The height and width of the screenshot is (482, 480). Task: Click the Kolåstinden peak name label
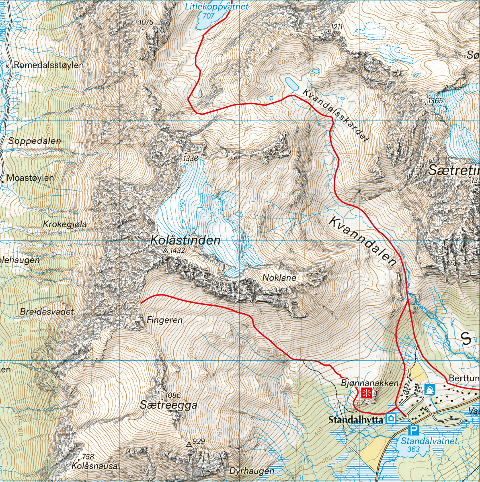pos(185,241)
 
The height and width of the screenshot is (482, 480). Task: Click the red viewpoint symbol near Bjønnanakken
pos(366,393)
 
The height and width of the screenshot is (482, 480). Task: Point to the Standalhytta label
pos(356,420)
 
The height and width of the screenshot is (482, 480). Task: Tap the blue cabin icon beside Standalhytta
pos(391,419)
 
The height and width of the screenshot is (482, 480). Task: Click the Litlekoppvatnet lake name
pos(217,6)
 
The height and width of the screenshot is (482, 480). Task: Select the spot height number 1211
pos(337,27)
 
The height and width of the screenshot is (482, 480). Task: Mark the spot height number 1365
pos(435,101)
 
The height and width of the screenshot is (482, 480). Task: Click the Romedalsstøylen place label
pos(49,65)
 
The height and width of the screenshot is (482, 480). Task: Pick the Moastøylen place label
pos(31,178)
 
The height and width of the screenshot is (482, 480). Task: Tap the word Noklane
pos(279,278)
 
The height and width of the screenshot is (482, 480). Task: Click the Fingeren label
pos(164,320)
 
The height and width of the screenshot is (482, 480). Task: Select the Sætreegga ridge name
pos(168,405)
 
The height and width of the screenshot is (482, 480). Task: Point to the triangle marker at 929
pos(189,444)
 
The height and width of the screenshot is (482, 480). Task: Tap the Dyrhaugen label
pos(252,471)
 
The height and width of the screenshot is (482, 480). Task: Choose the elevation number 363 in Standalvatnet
pos(413,449)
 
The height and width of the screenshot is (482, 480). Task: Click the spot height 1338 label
pos(191,159)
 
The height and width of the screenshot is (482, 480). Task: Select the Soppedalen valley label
pos(35,141)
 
